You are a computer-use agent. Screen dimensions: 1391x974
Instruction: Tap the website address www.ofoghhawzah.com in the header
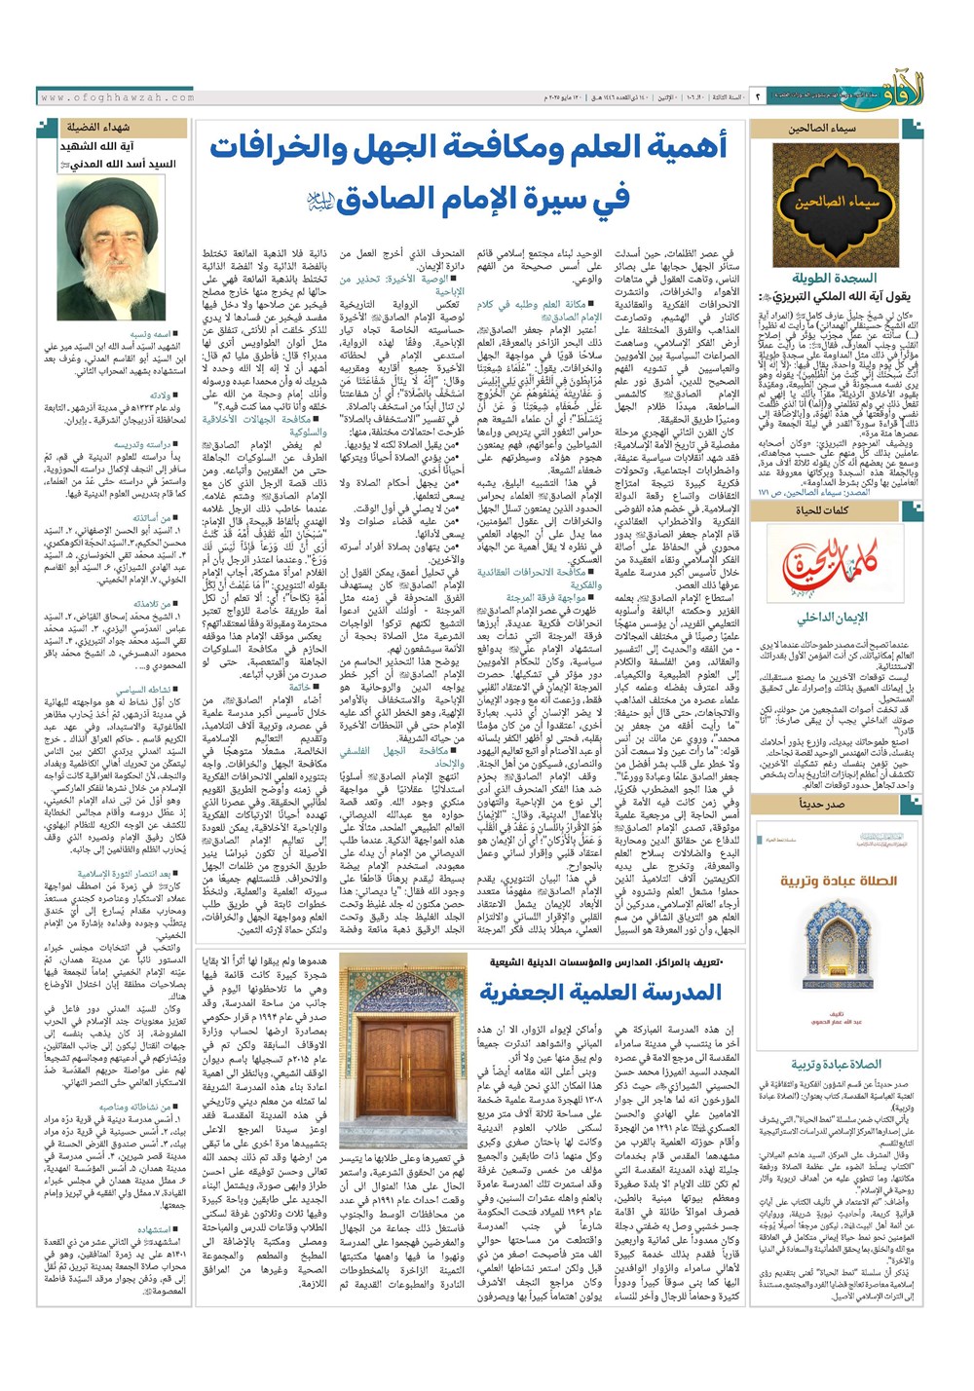117,97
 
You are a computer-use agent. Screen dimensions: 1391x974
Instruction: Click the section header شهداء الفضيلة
97,128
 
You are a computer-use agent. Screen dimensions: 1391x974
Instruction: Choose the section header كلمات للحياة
823,509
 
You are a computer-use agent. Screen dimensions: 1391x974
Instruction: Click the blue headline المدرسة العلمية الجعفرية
600,993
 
